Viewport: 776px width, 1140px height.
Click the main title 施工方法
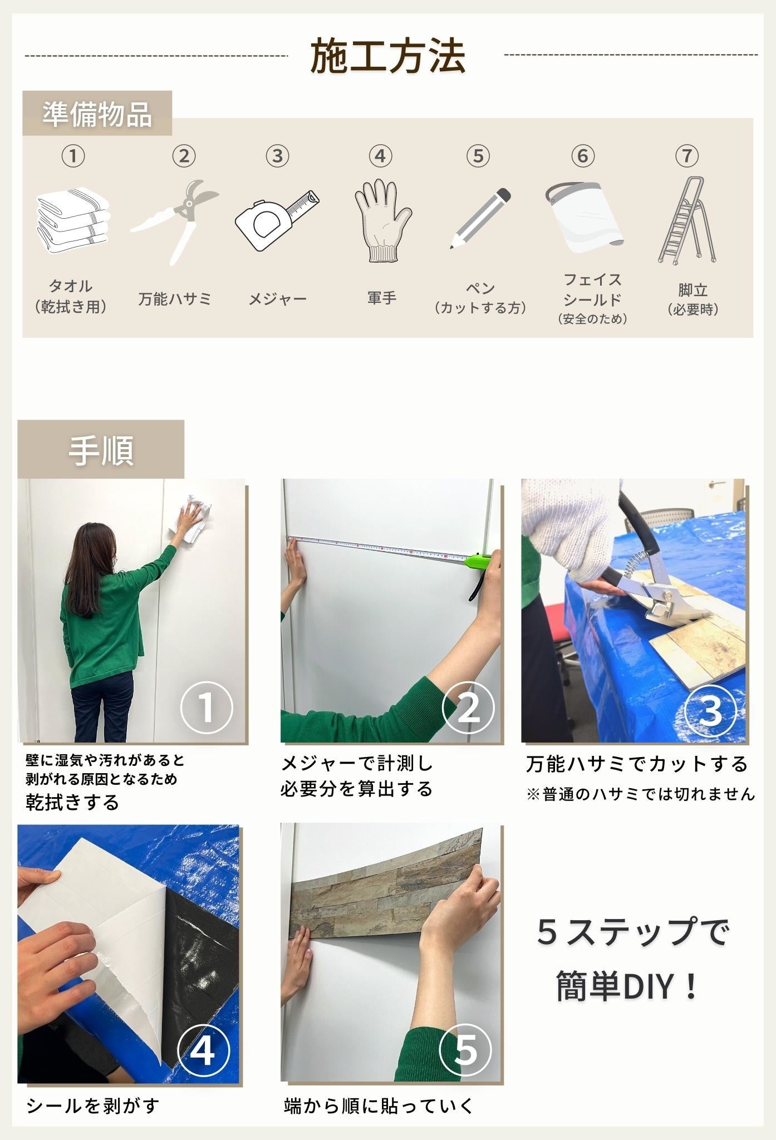(387, 56)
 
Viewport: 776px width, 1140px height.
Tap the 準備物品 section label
(97, 114)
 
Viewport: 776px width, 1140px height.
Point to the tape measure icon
(277, 220)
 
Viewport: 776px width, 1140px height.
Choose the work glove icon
(382, 220)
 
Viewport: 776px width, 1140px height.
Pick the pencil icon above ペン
(480, 218)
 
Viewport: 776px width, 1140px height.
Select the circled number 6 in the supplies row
(583, 156)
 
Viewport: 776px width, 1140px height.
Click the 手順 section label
(101, 450)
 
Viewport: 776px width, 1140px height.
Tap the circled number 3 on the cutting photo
(709, 710)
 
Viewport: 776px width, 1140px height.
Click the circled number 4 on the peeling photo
(203, 1050)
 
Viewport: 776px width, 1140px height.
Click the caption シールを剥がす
(92, 1105)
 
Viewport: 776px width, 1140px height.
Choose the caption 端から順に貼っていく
(378, 1105)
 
